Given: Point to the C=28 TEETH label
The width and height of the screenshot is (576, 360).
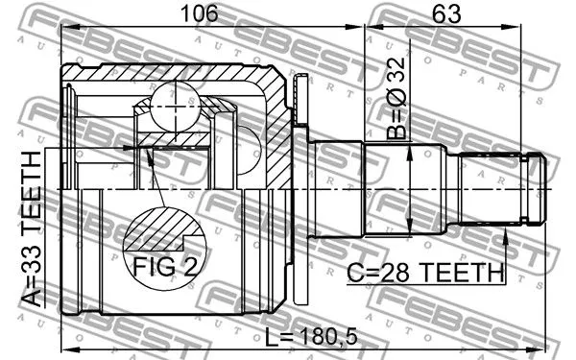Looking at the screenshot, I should point(425,273).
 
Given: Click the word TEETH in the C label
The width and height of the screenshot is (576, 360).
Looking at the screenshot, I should point(463,273).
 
